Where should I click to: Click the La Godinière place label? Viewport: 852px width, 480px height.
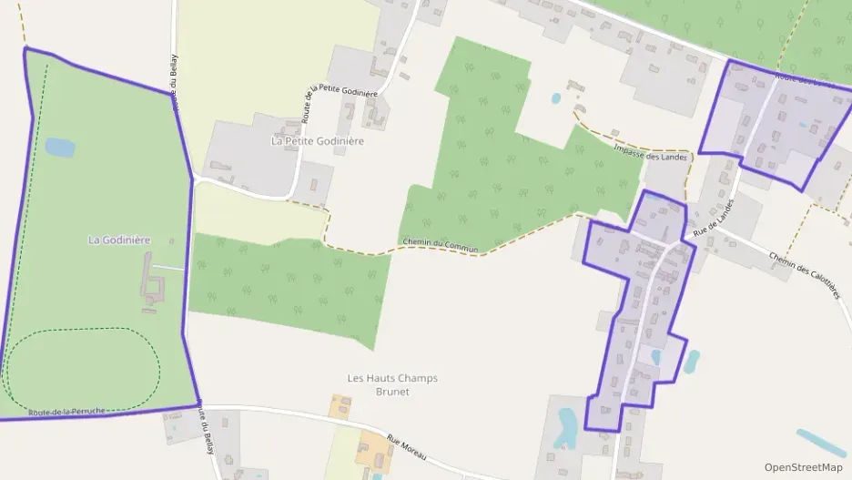119,240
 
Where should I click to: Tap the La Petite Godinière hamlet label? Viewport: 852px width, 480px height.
318,141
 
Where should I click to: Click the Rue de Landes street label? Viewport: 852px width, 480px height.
714,220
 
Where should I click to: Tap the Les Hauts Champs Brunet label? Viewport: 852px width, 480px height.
392,384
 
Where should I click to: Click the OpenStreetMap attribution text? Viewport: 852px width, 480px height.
803,467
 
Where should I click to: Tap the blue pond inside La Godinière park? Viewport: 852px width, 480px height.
60,147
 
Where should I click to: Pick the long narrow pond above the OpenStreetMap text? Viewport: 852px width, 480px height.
820,443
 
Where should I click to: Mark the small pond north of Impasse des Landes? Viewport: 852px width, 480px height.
556,98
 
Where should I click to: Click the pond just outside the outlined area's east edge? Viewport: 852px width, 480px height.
692,361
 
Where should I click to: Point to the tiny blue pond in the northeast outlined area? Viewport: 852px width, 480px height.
802,125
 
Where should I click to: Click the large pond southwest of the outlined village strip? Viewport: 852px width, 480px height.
568,426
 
